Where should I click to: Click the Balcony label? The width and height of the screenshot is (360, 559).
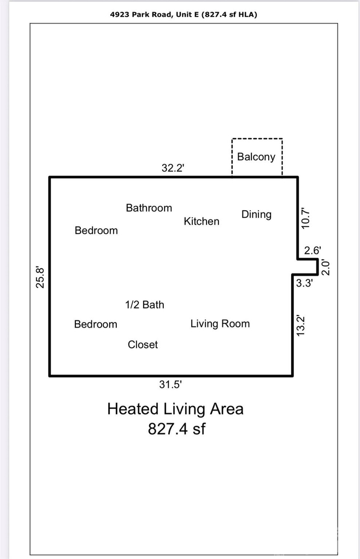click(x=256, y=157)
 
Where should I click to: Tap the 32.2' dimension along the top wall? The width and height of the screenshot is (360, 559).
click(x=173, y=168)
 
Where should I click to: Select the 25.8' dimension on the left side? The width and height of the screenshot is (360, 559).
click(x=40, y=278)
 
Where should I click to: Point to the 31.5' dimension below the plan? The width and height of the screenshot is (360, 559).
click(x=170, y=384)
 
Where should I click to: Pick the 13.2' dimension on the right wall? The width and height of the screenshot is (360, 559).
click(x=300, y=325)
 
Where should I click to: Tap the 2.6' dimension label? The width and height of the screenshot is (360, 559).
click(x=312, y=251)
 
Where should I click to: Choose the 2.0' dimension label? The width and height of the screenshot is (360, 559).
click(x=326, y=267)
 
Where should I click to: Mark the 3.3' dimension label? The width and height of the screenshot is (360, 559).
click(x=304, y=283)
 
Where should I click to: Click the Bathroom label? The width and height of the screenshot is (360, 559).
click(x=149, y=208)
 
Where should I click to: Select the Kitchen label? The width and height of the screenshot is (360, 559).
click(x=202, y=222)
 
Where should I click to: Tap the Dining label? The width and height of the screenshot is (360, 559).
click(x=257, y=215)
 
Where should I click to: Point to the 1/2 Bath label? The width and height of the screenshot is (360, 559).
click(x=145, y=305)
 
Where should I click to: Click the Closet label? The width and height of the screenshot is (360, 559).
click(x=143, y=345)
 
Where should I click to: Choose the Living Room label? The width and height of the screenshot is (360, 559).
click(x=220, y=324)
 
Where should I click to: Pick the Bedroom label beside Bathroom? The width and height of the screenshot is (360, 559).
click(x=96, y=231)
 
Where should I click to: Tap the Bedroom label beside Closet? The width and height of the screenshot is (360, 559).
click(x=96, y=324)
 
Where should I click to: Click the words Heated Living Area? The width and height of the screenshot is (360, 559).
click(x=175, y=409)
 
